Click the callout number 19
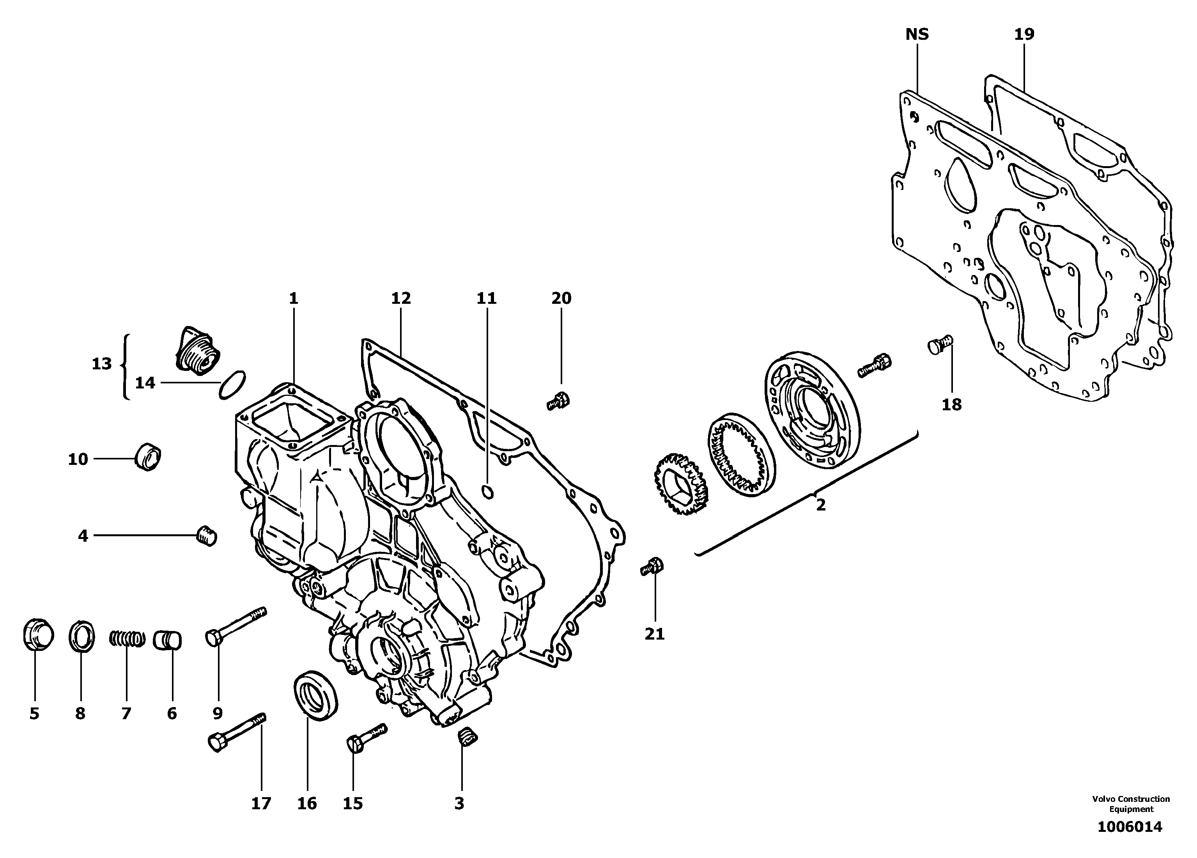click(x=1024, y=34)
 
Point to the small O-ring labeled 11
click(x=488, y=492)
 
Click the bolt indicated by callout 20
click(x=558, y=415)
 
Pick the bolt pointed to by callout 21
click(x=652, y=567)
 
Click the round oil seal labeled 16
click(x=315, y=694)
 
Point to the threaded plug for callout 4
click(x=206, y=535)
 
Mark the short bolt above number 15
click(x=366, y=737)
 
